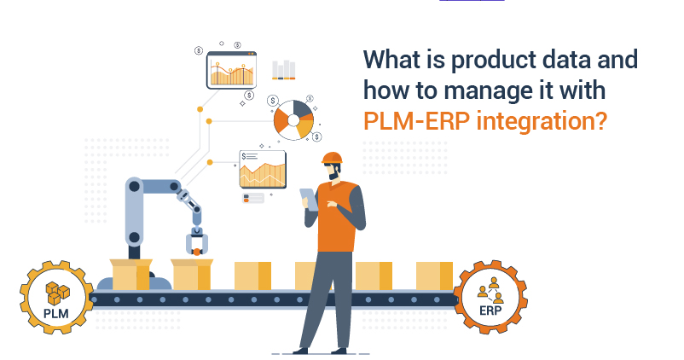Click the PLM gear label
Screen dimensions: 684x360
point(55,313)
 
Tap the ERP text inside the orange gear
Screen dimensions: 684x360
point(490,311)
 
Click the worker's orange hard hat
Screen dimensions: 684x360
point(332,158)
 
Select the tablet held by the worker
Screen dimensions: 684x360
point(309,200)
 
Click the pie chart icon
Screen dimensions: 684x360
point(293,120)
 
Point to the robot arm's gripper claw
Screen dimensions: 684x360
point(196,243)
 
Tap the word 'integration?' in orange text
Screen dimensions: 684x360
point(542,121)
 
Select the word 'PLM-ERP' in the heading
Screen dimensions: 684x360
point(416,121)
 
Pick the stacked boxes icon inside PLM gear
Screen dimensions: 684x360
point(58,293)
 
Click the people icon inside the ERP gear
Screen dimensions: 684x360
point(490,290)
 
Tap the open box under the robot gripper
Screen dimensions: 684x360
point(192,275)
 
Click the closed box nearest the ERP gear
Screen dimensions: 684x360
point(434,276)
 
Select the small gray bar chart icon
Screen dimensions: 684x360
point(283,70)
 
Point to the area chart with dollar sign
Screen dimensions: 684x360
point(263,169)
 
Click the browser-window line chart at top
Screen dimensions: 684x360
point(231,70)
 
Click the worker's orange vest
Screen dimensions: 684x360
point(337,217)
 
